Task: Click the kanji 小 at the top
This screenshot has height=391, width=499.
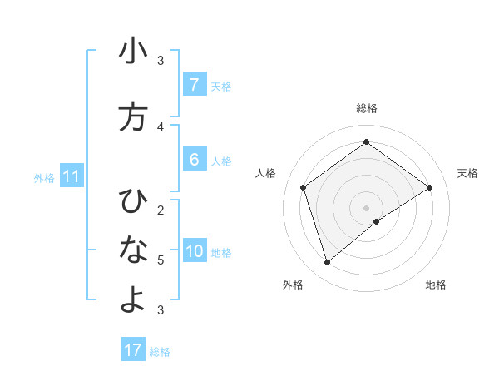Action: coord(133,52)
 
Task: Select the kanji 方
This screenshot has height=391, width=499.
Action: coord(133,117)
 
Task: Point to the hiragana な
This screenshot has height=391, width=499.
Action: coord(133,249)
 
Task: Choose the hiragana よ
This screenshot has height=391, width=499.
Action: coord(133,300)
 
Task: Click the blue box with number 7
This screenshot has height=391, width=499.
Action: coord(194,84)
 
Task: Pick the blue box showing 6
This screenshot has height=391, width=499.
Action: coord(194,160)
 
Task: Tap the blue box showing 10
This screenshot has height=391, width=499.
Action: coord(195,251)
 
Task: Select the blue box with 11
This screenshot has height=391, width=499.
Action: coord(72,176)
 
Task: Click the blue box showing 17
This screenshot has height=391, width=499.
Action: coord(133,350)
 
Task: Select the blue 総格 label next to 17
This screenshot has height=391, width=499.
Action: coord(160,352)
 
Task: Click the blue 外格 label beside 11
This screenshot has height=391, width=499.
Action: coord(44,177)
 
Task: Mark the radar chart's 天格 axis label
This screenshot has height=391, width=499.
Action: coord(467,173)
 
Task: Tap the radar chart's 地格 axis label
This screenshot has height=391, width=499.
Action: coord(436,285)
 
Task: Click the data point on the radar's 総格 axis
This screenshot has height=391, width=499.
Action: coord(366,141)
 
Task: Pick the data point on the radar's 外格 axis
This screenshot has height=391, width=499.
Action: coord(327,263)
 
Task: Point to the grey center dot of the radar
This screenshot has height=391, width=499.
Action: coord(366,207)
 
